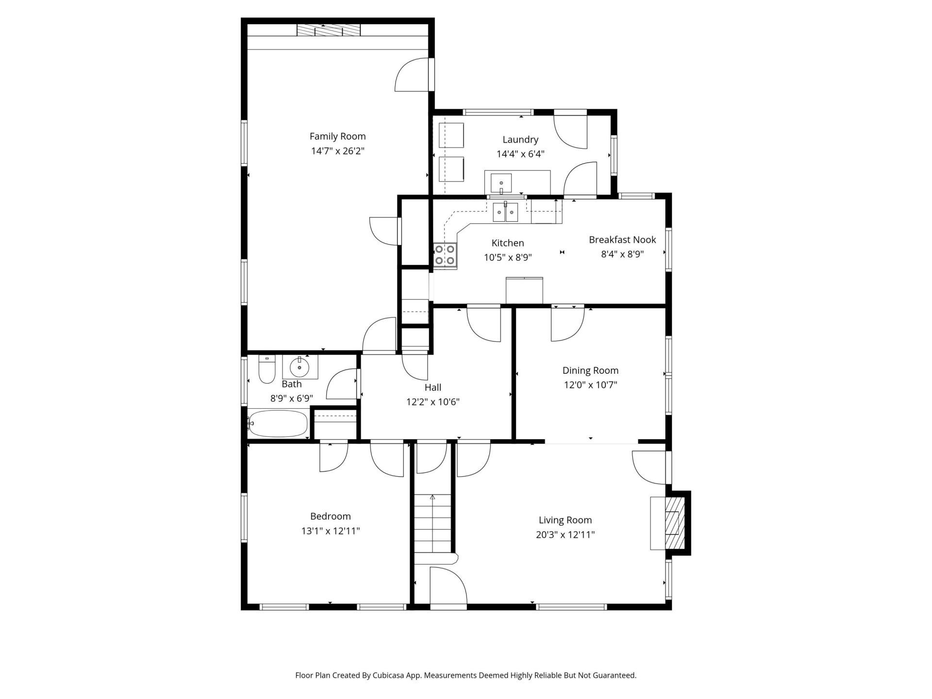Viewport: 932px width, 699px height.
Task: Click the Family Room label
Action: point(337,136)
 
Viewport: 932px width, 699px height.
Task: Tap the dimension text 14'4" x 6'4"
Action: point(520,154)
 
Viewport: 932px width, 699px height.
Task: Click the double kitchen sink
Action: point(505,213)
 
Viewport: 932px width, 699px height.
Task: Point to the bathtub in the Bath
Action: point(278,423)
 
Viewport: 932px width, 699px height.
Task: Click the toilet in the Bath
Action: point(267,370)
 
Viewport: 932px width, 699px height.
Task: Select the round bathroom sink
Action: point(300,367)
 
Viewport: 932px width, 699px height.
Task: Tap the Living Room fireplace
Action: point(671,523)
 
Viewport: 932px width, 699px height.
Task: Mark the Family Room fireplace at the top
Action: point(329,31)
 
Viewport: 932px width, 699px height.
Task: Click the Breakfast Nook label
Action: point(622,240)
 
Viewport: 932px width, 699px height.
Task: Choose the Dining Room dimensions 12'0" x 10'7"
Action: point(590,385)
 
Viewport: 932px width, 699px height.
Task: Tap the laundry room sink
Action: point(500,183)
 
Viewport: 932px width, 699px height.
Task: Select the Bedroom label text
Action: point(330,516)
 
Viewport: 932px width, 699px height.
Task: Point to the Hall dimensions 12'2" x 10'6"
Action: point(433,402)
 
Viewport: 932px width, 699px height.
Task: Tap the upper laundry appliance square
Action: point(451,135)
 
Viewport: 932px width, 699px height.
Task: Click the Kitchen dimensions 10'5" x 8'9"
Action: point(508,258)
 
